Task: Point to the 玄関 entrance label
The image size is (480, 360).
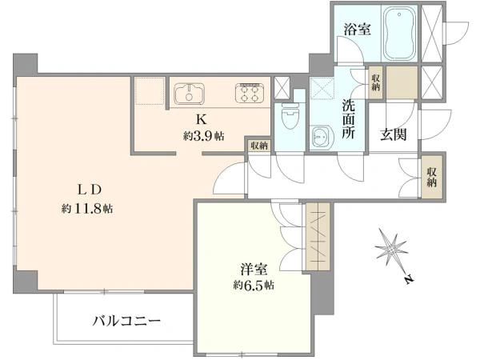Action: click(x=394, y=134)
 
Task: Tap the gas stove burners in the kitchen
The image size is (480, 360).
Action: click(x=251, y=94)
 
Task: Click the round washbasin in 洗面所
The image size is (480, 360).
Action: click(x=321, y=137)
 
